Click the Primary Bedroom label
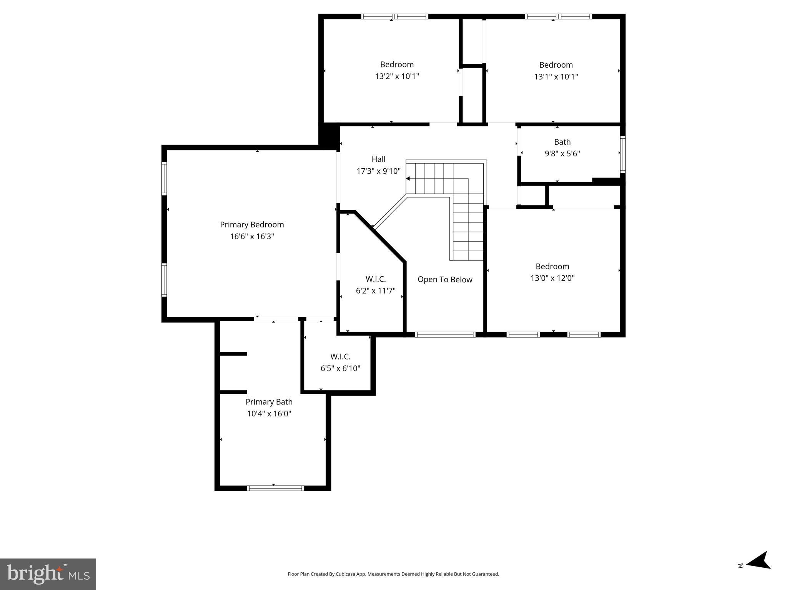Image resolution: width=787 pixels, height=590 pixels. [252, 225]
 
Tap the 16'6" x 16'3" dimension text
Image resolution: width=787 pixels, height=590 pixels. [252, 237]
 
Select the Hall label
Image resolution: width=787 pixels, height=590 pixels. [378, 159]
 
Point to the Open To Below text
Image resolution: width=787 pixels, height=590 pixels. [445, 280]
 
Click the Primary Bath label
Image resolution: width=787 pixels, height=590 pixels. [269, 402]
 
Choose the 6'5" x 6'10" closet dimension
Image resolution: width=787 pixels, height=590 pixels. [340, 369]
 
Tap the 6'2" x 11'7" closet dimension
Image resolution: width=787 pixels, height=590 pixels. [376, 291]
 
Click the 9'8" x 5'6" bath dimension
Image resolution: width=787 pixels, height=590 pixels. [562, 154]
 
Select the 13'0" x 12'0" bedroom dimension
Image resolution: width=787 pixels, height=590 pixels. [552, 278]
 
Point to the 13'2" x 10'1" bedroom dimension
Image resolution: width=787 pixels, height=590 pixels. [397, 76]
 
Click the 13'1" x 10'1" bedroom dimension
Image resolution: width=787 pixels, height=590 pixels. [556, 76]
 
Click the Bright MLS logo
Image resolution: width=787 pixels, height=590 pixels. [48, 574]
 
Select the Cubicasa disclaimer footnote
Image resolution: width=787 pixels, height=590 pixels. [393, 574]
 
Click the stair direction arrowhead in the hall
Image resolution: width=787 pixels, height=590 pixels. [408, 179]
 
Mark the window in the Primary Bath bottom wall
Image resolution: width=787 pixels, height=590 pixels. [275, 488]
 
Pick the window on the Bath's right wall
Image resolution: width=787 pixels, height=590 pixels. [622, 154]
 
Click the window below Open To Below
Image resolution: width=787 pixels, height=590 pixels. [446, 335]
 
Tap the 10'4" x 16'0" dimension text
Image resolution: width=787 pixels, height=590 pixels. [269, 414]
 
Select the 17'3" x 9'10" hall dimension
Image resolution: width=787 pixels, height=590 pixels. [378, 171]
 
